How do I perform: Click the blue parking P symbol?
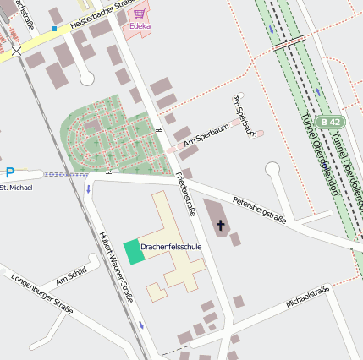10,172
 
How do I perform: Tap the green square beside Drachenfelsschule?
133,252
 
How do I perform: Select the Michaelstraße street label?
306,297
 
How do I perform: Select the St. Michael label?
16,187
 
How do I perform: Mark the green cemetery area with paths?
110,135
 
